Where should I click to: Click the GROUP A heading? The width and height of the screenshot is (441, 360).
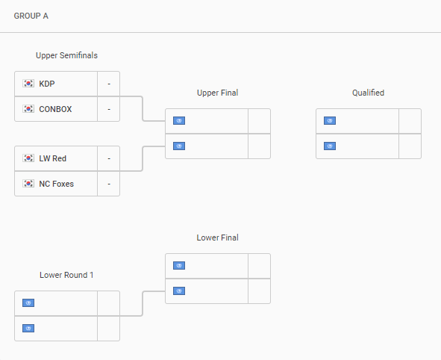[31, 16]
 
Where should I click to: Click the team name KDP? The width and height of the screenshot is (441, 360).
[47, 84]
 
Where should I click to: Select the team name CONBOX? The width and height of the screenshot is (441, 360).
[55, 109]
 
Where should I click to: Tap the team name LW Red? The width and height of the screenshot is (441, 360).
[52, 158]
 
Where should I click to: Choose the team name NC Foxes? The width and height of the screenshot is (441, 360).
[56, 184]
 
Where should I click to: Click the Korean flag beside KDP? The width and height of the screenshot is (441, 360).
[28, 84]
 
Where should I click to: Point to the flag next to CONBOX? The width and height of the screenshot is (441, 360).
[28, 109]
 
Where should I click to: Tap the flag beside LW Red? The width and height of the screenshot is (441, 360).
[28, 158]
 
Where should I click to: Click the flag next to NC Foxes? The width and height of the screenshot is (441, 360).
[28, 184]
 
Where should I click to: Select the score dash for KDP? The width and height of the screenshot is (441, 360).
[109, 84]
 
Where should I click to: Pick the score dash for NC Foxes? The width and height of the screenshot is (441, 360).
[109, 184]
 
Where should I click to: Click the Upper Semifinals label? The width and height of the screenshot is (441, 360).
[66, 55]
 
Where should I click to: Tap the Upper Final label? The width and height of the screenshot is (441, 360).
[218, 93]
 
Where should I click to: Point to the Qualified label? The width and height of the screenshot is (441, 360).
[368, 93]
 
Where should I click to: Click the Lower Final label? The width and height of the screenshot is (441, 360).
[218, 238]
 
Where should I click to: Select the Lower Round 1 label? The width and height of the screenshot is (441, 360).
[66, 275]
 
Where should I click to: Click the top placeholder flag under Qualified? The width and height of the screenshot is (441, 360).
[330, 121]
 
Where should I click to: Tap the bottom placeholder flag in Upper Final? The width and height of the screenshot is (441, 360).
[179, 146]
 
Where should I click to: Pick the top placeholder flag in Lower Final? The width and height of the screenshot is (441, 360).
[179, 266]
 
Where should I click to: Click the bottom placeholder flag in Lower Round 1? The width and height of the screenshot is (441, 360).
[28, 328]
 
